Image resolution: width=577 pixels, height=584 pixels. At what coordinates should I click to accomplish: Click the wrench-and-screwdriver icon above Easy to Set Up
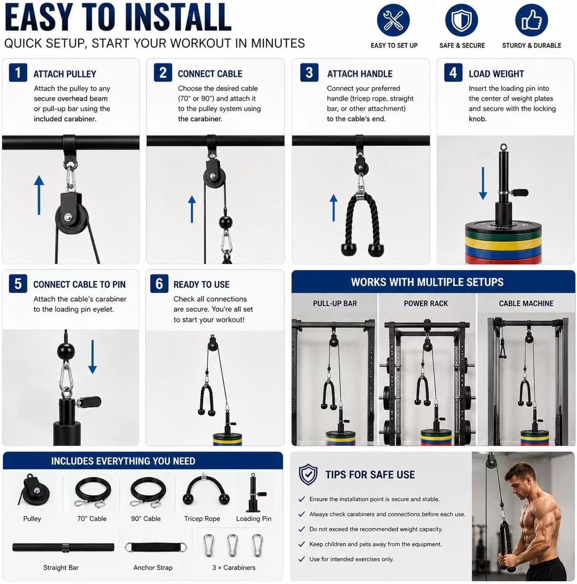393,20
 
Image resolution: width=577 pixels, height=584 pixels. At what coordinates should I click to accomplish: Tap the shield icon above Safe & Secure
461,20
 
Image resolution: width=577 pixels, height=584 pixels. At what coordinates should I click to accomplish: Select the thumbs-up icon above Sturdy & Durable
532,20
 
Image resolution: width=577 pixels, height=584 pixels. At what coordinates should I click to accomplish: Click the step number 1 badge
18,73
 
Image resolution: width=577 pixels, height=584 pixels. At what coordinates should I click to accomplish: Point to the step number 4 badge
453,73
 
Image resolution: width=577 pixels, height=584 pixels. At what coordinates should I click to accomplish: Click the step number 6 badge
159,284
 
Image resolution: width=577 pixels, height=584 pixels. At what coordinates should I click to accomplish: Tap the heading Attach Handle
360,74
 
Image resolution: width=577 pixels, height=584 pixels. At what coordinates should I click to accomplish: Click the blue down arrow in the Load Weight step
483,183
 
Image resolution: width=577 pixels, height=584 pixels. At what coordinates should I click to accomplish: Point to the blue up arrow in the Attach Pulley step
39,195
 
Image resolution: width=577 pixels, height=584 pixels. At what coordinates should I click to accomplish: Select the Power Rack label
425,303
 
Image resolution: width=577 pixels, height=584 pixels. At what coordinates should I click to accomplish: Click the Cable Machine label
526,303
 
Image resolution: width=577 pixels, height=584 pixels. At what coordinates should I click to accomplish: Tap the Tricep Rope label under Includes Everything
202,519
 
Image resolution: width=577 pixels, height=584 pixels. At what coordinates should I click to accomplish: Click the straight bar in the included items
63,547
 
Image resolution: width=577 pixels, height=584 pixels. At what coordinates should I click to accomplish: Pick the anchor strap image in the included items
155,547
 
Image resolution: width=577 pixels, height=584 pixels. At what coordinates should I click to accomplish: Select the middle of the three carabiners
232,545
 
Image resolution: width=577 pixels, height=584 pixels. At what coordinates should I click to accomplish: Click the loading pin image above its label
254,493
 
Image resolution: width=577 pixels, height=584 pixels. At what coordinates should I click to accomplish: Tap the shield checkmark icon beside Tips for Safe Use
308,474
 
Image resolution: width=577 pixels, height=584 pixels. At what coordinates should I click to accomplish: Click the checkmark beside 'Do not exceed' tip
301,529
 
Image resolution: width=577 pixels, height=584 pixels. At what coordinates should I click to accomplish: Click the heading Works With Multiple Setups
427,282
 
